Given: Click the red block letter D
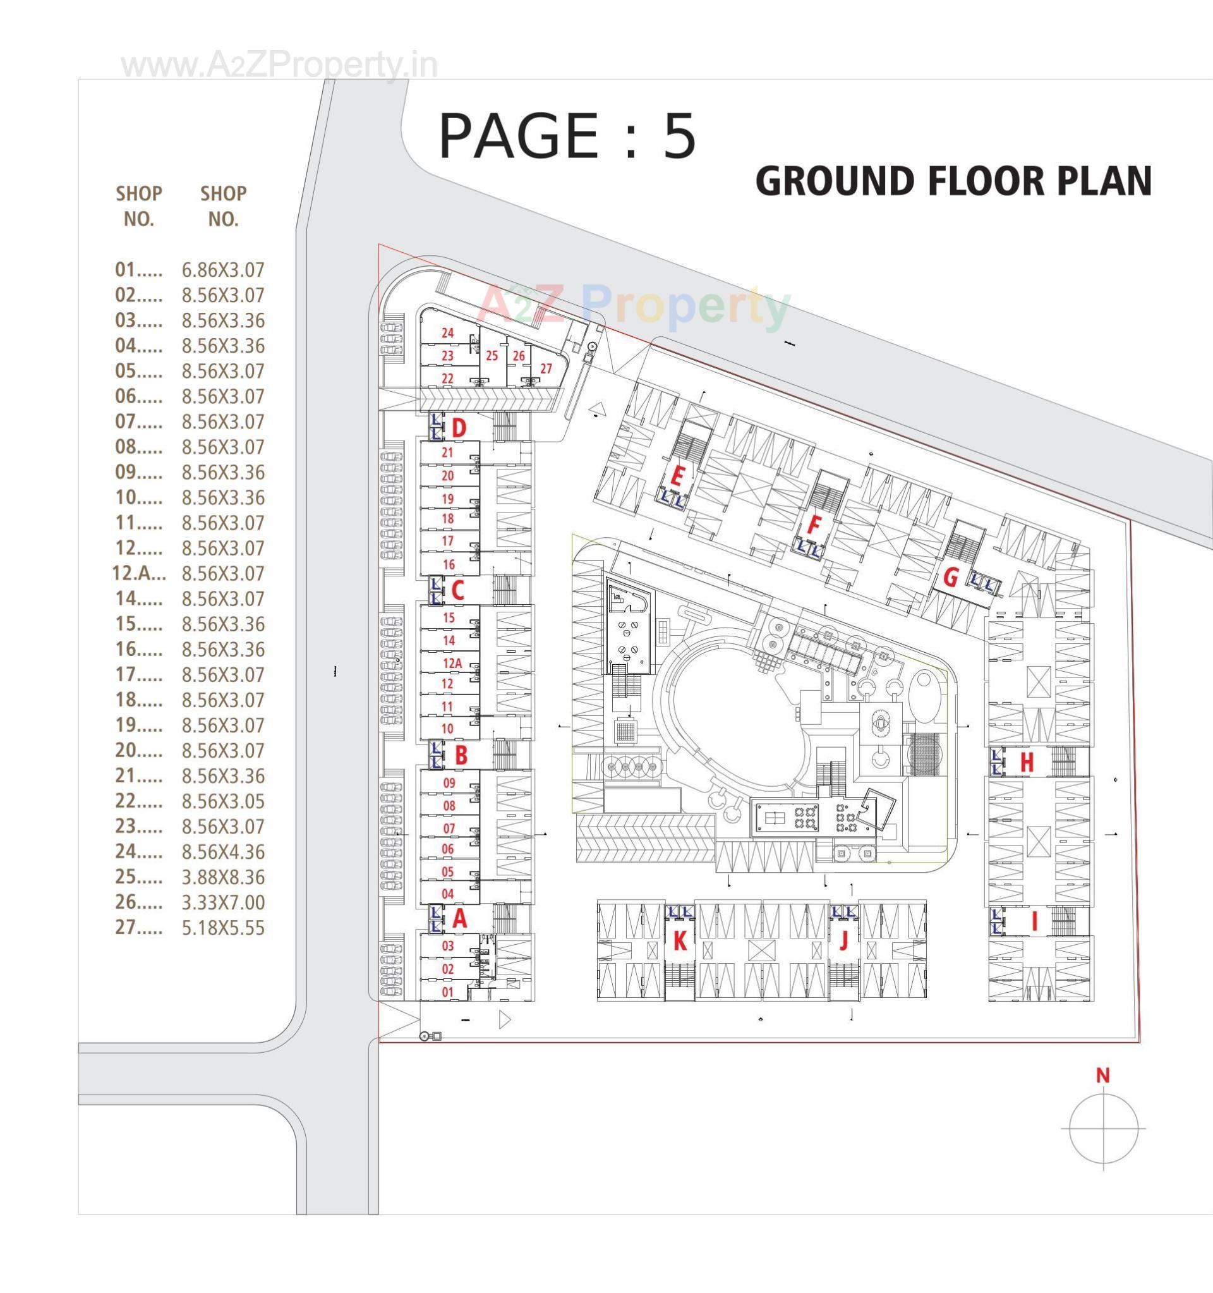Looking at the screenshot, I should (459, 428).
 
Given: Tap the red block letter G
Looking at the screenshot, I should (950, 577).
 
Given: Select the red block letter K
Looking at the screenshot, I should (680, 941).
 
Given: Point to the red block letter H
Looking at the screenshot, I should (1027, 762).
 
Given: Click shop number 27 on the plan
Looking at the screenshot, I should (546, 369).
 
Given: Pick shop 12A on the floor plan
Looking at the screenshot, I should (452, 664).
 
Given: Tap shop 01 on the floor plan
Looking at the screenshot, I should (448, 993).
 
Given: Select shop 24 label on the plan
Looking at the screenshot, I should (447, 333).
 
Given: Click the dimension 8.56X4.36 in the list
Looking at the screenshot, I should (223, 852).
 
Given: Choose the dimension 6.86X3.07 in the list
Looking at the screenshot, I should (223, 270).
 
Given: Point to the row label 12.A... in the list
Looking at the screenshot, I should (138, 574).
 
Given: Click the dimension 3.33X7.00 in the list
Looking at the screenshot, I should (223, 902).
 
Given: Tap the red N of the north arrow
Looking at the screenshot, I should (1102, 1076).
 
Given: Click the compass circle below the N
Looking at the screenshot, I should (1103, 1129).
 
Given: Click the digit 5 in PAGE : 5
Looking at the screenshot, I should (679, 137).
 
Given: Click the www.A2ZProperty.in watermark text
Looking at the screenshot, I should (279, 66).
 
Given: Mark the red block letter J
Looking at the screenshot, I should (844, 941).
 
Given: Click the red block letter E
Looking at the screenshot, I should (676, 478).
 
